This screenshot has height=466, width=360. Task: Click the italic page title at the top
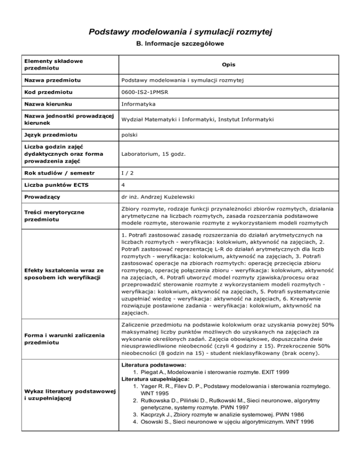pyautogui.click(x=180, y=32)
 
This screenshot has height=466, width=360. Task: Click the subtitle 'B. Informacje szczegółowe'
pyautogui.click(x=180, y=45)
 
